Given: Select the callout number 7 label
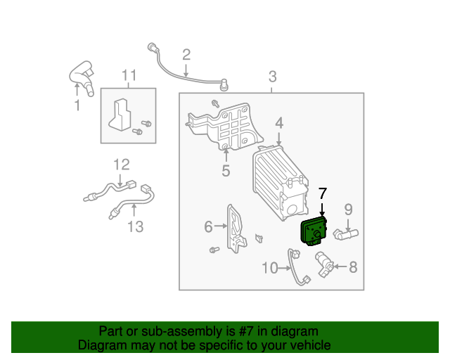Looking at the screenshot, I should (323, 193).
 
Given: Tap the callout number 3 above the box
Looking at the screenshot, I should (273, 77).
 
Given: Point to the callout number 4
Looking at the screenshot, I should (279, 123).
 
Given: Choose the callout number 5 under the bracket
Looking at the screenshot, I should (226, 170).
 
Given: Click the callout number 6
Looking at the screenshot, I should (209, 226).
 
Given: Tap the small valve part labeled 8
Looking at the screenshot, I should (323, 263).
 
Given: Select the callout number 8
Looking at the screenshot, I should (353, 266).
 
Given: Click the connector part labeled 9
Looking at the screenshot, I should (347, 231).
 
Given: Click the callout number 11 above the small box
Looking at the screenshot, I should (128, 75).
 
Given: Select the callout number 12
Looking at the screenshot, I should (122, 165).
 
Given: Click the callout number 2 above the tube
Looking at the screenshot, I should (186, 54).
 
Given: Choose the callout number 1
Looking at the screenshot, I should (77, 105).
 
